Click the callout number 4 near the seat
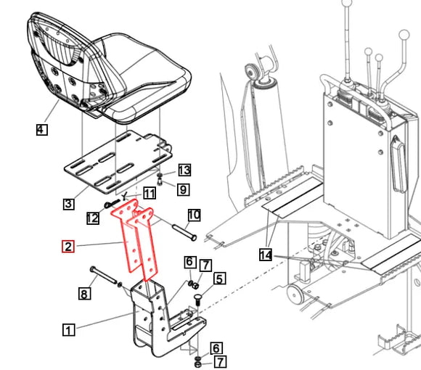[41, 130]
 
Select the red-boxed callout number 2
[68, 247]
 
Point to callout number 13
[184, 170]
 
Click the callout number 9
[184, 189]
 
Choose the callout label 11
[149, 193]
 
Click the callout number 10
[194, 215]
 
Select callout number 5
[219, 277]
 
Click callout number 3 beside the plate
[68, 204]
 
